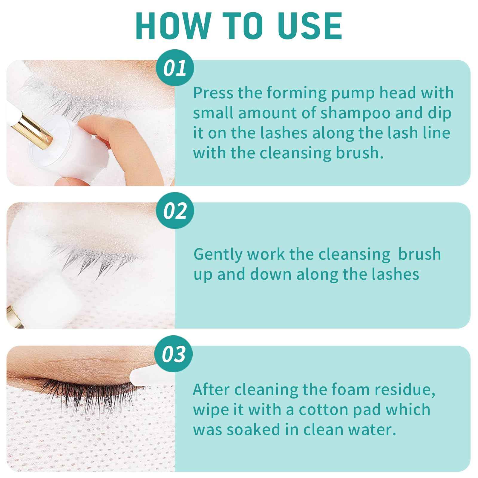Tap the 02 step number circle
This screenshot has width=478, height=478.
[175, 211]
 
